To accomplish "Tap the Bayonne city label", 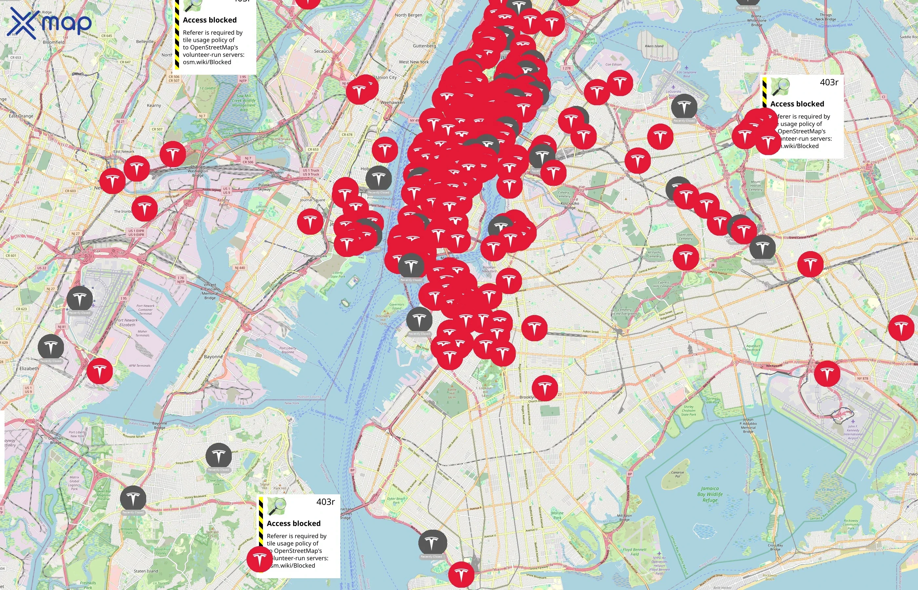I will pos(213,357).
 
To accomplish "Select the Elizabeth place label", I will pos(29,368).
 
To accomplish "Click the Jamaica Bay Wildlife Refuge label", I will pos(709,494).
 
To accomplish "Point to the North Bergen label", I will pos(409,15).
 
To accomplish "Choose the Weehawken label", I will pos(392,103).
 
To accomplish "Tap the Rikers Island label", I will pos(654,46).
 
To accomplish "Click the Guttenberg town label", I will pos(424,46).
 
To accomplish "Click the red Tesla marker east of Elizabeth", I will pos(100,371).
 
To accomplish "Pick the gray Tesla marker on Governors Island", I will pos(419,320).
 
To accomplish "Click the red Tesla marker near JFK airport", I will pos(827,373).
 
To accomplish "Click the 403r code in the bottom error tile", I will pos(325,502).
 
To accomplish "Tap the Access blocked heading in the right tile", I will pos(797,104).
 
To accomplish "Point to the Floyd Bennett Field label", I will pos(634,552).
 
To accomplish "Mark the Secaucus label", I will pos(323,51).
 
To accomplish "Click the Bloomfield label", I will pos(54,42).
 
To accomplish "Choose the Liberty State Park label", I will pos(338,274).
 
